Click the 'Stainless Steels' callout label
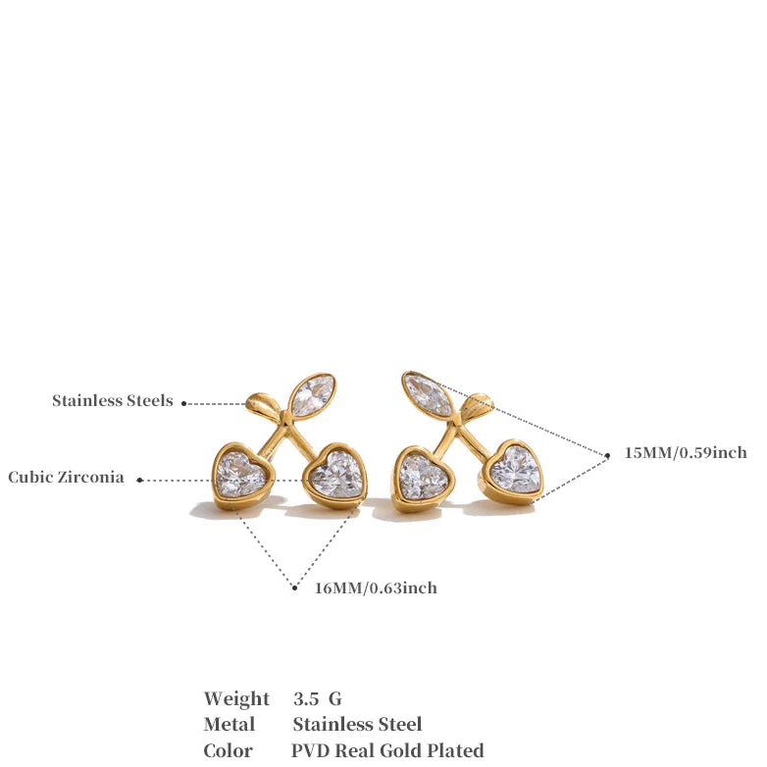[113, 400]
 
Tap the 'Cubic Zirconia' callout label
[66, 478]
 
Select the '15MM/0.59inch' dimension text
[686, 453]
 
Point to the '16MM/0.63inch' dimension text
[376, 588]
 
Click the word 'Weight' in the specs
[236, 699]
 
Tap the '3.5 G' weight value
[317, 699]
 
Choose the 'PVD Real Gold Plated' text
[387, 750]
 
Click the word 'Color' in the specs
[229, 750]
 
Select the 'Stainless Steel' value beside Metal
[357, 725]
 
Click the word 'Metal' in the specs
[230, 725]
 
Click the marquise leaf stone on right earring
[429, 393]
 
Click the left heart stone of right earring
[423, 475]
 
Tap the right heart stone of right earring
[516, 469]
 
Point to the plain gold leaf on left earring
[263, 404]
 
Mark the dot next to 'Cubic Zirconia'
[139, 480]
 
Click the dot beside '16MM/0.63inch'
[294, 588]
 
